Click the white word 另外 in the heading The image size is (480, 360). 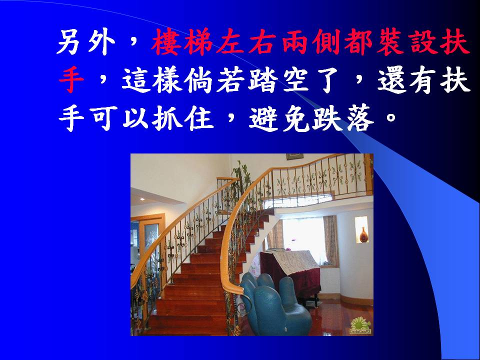tap(86, 42)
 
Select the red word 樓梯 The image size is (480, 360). tap(182, 42)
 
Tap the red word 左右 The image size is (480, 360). tap(246, 42)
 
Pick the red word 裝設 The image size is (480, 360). tap(404, 42)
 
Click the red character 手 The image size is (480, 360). tap(71, 80)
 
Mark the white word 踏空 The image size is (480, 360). tap(278, 80)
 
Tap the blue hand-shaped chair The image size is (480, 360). tap(275, 306)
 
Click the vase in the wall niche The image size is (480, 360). tap(363, 235)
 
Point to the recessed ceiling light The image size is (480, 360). tap(142, 199)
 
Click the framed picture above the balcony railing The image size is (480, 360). tap(294, 156)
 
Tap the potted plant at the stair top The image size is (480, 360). tap(242, 180)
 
